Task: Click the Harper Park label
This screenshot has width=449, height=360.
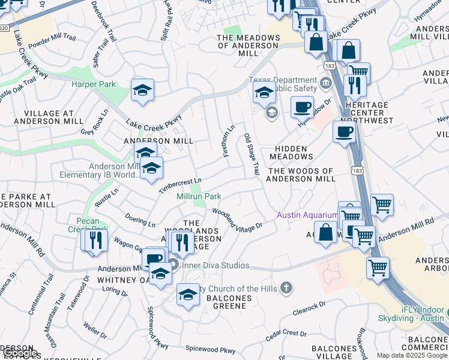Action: pos(93,85)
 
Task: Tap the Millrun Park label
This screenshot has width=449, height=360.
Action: pos(199,196)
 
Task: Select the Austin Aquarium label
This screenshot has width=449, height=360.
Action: pos(307,215)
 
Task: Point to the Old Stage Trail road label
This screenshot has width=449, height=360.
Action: pos(252,155)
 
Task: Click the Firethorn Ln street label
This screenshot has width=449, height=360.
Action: pos(229,142)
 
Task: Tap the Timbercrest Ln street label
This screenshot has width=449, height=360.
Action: pos(180,185)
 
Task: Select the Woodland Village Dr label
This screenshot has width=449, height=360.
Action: pos(237,218)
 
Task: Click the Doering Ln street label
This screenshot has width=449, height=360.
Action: pos(140,220)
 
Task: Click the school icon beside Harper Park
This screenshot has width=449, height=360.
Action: pos(143,90)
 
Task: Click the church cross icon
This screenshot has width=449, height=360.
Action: pos(287,289)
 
